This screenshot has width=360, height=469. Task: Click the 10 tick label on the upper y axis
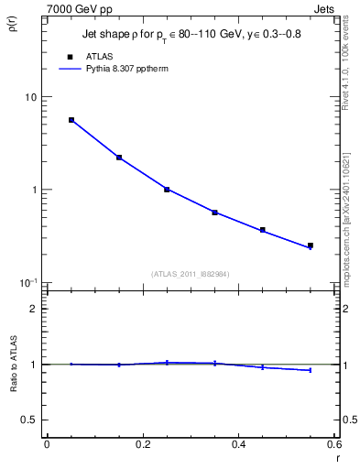30,97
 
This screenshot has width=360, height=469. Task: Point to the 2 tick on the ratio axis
33,309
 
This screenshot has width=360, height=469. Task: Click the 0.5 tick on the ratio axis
29,420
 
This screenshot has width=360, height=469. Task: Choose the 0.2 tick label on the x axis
142,445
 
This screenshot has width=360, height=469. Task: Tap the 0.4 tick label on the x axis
238,445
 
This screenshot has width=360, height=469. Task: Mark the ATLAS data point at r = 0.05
71,120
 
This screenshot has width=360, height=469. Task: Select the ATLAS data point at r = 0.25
167,190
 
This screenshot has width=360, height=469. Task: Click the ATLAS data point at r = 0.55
311,245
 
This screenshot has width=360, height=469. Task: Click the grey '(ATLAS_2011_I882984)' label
191,273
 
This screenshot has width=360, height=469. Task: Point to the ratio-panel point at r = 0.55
311,370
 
